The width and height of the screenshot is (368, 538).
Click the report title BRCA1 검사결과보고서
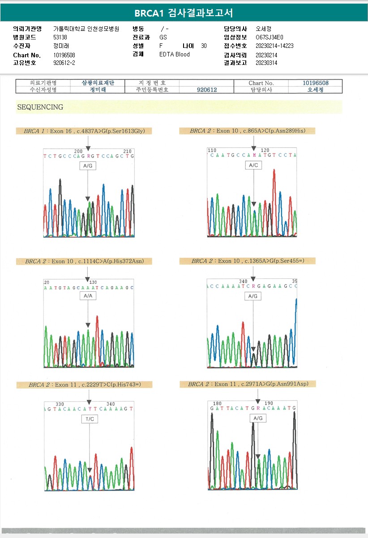[184, 13]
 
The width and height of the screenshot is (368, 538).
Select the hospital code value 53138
[60, 37]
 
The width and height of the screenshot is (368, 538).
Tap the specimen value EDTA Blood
[175, 54]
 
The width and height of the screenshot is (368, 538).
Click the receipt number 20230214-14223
[274, 46]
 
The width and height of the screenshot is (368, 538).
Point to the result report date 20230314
[266, 63]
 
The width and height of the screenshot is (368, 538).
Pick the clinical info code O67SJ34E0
[270, 37]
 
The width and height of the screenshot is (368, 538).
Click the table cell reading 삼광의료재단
[98, 83]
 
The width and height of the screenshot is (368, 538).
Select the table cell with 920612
[207, 90]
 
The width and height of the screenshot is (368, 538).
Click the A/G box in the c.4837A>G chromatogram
[88, 166]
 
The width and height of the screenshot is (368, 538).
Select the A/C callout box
[253, 165]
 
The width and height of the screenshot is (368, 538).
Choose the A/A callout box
[88, 296]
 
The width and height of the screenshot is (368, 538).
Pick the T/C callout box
[89, 419]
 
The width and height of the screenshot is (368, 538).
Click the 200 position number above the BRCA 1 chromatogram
[78, 151]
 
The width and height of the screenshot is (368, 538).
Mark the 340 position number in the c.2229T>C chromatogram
[111, 404]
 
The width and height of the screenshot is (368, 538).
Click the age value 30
[204, 46]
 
